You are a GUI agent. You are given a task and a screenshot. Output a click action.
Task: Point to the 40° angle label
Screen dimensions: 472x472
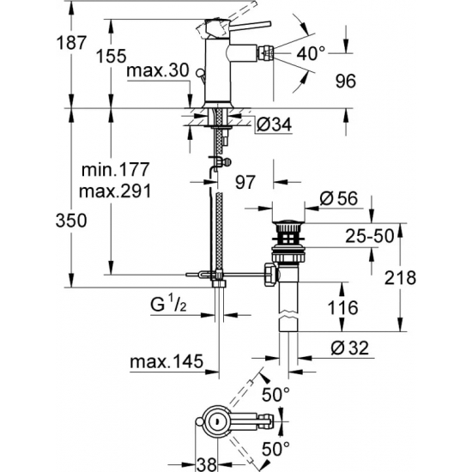pos(310,54)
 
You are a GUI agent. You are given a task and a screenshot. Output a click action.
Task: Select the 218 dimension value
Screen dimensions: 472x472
pos(425,277)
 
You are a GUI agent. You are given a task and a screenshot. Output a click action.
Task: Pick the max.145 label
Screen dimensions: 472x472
pos(166,364)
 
